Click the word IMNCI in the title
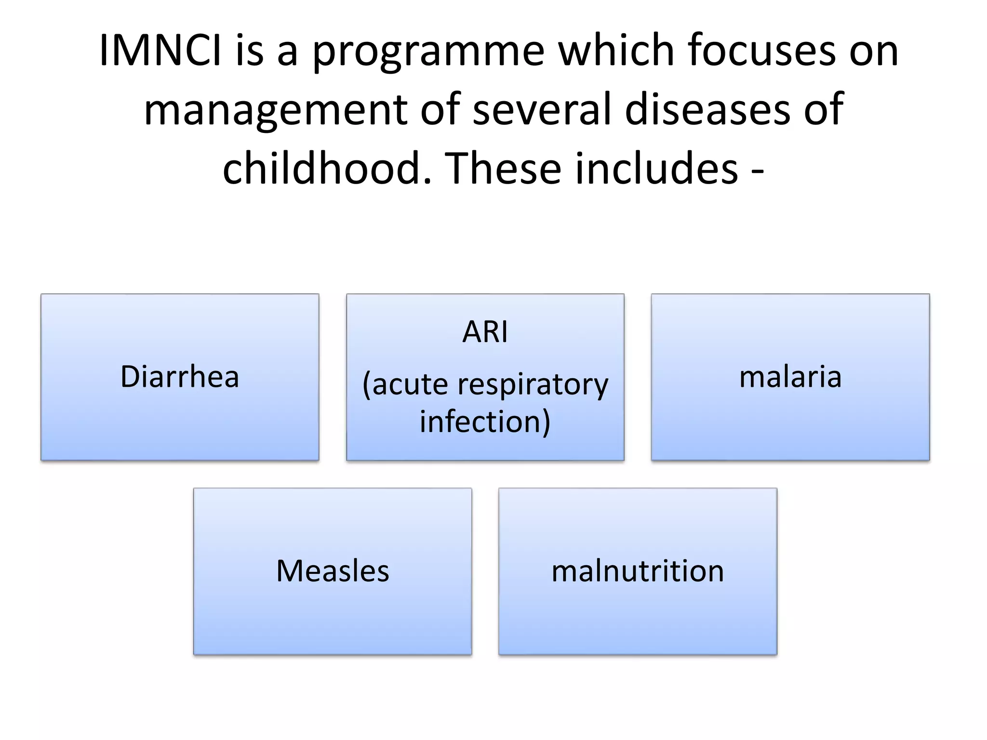point(160,51)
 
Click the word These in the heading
point(506,169)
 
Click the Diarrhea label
point(180,377)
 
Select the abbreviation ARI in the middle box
point(485,332)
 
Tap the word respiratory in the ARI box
point(533,385)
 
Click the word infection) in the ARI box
point(485,422)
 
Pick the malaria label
point(790,377)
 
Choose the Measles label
point(333,571)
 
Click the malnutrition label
point(638,571)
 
